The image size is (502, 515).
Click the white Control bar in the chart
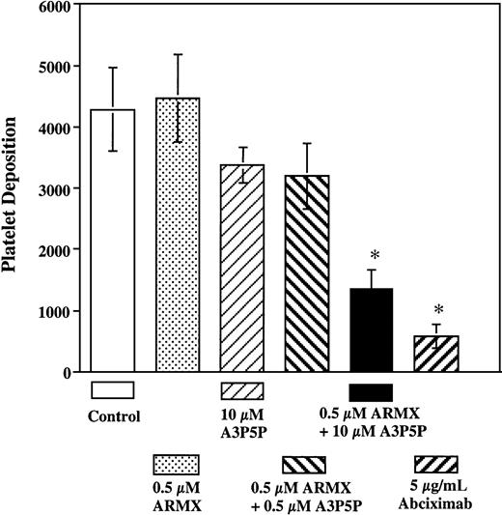(x=112, y=242)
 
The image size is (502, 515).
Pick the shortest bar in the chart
(x=435, y=354)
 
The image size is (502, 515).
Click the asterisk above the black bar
(x=372, y=256)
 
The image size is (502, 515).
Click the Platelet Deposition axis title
(x=14, y=189)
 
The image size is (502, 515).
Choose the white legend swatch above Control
(x=112, y=390)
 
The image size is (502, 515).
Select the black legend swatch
(x=371, y=390)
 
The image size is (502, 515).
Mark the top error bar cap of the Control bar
(x=112, y=68)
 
